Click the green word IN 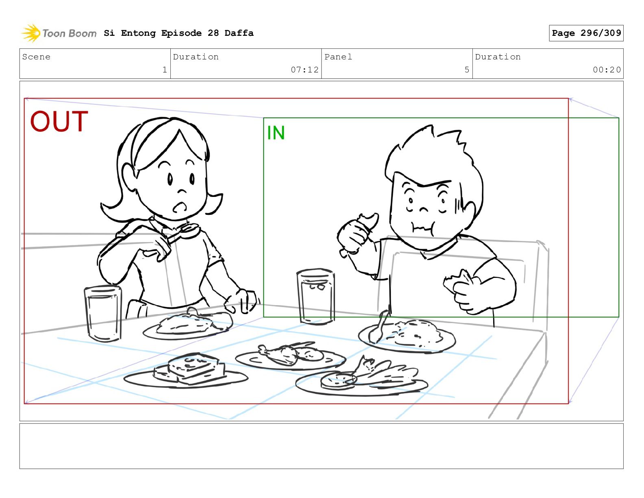(x=276, y=133)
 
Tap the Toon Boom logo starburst (x=31, y=33)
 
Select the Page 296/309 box (x=586, y=33)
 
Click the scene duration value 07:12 (x=305, y=70)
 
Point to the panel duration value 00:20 (x=606, y=70)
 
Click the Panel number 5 (x=467, y=70)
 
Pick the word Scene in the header (x=36, y=57)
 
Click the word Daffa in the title (x=239, y=33)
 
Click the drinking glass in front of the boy (x=316, y=297)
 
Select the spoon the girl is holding (x=181, y=233)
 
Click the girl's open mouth (x=179, y=207)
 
